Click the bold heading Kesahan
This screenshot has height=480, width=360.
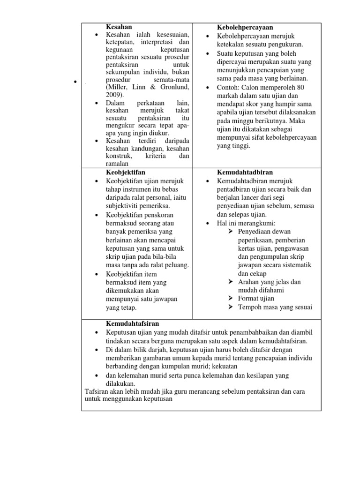(x=119, y=28)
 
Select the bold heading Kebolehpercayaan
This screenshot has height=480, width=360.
(x=245, y=28)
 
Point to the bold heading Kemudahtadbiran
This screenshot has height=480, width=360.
(x=245, y=172)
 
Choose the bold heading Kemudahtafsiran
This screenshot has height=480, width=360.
(x=132, y=323)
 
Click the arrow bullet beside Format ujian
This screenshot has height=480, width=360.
(x=231, y=298)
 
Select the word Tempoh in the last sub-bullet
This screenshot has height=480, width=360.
(x=251, y=307)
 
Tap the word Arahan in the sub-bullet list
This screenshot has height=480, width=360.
(x=251, y=282)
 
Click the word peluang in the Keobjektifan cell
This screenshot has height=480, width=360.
(x=177, y=265)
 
